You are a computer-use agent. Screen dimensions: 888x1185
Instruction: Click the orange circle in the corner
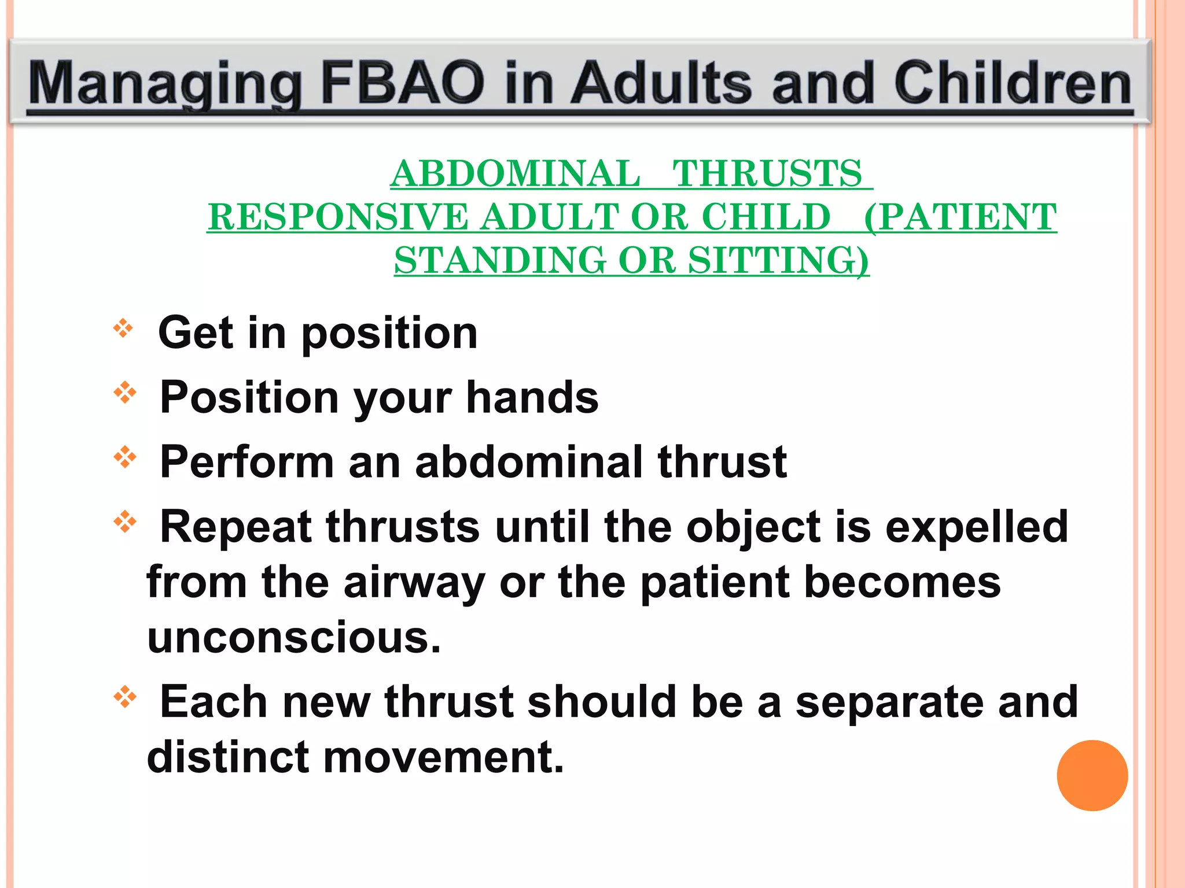point(1092,775)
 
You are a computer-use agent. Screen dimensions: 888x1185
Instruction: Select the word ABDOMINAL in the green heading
point(515,173)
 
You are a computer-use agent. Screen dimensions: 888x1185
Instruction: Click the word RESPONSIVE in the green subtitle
point(338,217)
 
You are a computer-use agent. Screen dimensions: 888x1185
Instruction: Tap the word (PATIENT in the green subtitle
point(960,217)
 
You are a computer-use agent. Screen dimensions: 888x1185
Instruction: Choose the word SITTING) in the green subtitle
point(778,261)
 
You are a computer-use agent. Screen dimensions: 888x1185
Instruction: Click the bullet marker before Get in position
point(123,329)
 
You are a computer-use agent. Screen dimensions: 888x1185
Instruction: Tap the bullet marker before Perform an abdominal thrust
point(125,458)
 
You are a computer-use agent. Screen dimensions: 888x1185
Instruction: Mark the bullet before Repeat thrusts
point(125,523)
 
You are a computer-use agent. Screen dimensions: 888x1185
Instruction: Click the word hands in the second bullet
point(532,398)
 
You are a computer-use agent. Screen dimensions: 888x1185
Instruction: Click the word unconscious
point(294,638)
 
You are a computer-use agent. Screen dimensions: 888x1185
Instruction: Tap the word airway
point(414,583)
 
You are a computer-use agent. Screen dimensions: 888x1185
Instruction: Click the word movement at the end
point(443,757)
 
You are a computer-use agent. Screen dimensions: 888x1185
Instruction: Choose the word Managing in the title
point(165,84)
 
